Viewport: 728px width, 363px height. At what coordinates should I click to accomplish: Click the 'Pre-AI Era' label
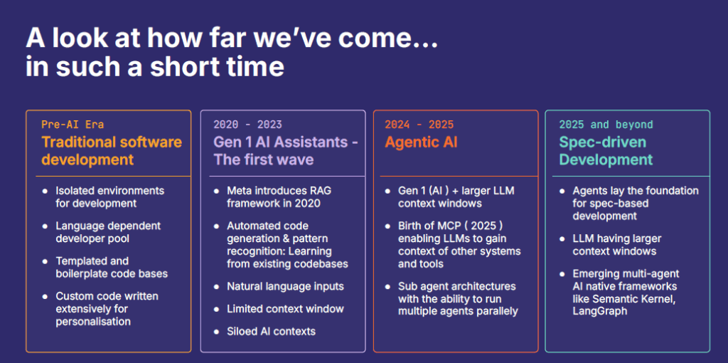(73, 125)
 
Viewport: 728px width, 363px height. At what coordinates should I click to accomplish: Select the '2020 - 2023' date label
(247, 125)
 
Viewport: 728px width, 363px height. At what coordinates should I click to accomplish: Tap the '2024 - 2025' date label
(419, 125)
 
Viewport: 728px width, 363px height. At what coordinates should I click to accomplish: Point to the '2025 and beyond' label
(606, 125)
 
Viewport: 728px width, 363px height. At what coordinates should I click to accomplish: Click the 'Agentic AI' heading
(421, 142)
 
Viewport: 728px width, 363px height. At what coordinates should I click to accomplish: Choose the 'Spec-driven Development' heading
(606, 151)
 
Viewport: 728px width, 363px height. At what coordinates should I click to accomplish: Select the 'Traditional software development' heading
(112, 151)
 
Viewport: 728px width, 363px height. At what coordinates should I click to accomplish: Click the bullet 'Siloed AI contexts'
(271, 332)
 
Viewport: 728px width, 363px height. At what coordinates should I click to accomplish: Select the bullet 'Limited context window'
(286, 309)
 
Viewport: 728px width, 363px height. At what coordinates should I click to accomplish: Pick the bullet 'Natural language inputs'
(286, 286)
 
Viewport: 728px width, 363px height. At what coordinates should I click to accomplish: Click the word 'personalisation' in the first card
(93, 322)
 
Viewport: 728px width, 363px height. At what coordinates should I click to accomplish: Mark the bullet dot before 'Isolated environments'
(45, 191)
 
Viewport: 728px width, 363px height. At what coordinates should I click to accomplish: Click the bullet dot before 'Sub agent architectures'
(387, 286)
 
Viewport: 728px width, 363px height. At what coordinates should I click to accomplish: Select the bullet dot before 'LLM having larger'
(562, 239)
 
